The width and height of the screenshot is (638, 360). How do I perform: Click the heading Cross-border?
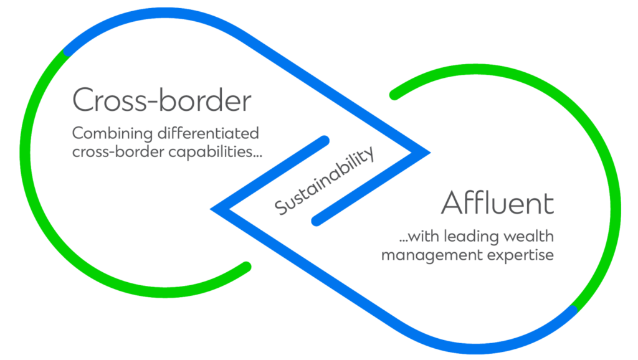(161, 100)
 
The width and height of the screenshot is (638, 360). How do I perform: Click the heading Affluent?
(497, 204)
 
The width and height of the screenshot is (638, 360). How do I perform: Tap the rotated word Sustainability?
(325, 181)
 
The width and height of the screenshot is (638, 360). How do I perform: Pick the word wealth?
(528, 237)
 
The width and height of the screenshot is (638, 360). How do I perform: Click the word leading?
(475, 237)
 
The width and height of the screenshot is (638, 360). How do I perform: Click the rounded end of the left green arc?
(246, 267)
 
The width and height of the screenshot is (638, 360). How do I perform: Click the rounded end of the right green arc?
(394, 95)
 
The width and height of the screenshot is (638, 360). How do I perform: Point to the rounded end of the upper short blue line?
(324, 141)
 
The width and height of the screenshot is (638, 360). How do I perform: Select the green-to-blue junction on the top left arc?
(67, 52)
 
